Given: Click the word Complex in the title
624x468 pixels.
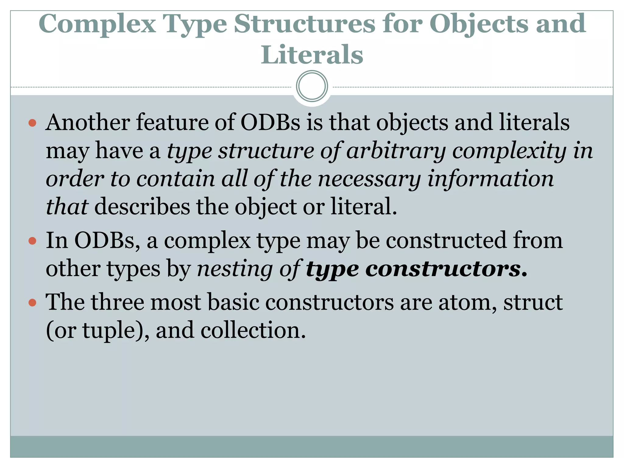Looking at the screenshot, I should [x=97, y=24].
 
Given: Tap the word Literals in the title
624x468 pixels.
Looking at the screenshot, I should [x=312, y=55].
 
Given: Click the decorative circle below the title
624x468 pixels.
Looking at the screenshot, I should [x=312, y=86].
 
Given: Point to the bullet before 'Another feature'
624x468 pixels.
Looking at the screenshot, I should [x=32, y=123].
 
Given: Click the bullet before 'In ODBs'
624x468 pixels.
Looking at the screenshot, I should [x=32, y=241].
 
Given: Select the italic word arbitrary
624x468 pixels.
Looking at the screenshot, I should [x=396, y=151].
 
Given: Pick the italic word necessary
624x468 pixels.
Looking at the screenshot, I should [x=369, y=179].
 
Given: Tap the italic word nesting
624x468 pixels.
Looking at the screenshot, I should [x=235, y=269].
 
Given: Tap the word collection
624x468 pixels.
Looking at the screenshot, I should [x=253, y=331].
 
